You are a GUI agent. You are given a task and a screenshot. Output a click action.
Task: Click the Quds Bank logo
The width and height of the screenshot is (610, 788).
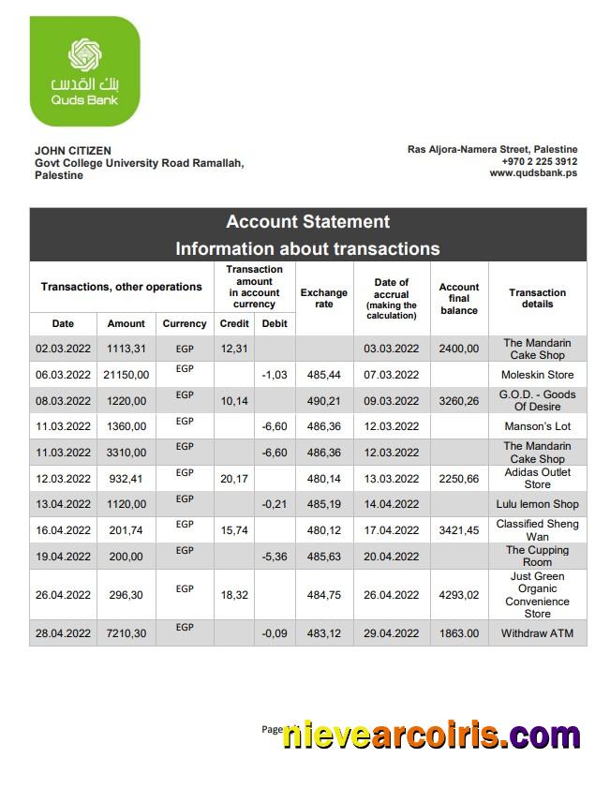pos(84,71)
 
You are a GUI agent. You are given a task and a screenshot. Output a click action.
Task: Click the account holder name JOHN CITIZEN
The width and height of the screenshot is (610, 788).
pos(72,150)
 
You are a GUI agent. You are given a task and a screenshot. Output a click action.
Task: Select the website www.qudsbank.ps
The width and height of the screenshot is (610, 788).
pos(533,173)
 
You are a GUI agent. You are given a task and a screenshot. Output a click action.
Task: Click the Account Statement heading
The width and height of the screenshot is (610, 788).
pos(307,222)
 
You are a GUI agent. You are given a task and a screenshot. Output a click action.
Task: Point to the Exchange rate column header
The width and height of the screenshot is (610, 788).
pos(323,298)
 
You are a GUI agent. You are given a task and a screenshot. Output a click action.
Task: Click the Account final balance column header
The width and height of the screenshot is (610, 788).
pos(459,298)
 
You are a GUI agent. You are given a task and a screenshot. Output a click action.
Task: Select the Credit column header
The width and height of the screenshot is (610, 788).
pos(233,323)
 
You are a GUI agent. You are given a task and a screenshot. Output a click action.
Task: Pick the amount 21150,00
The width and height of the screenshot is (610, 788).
pos(126,375)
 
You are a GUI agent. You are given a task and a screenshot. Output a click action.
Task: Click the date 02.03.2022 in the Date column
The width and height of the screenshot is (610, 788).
pos(63,349)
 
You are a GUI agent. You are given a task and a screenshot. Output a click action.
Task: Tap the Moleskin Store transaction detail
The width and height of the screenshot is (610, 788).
pos(537,375)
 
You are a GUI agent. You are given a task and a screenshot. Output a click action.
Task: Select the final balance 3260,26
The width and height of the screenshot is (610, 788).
pos(459,401)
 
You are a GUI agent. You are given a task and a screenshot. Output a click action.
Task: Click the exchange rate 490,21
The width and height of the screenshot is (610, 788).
pos(323,401)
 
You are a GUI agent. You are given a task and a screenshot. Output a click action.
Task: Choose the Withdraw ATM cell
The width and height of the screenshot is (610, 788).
pos(537,633)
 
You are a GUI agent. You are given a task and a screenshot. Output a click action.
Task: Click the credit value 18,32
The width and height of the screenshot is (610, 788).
pos(233,595)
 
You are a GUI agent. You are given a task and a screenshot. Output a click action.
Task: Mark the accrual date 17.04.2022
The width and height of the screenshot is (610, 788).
pos(391,530)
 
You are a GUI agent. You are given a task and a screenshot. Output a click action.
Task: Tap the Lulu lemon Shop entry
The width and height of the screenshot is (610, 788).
pos(537,504)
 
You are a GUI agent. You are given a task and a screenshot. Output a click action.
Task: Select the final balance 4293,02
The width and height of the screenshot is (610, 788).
pos(459,595)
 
